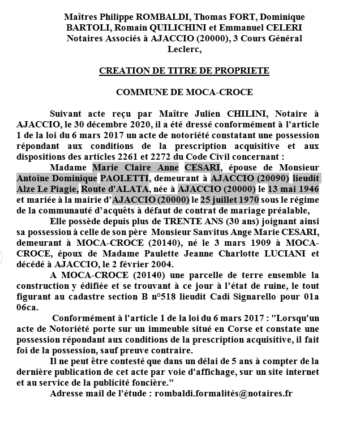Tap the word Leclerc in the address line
pos(184,49)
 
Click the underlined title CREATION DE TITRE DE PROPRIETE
pos(184,71)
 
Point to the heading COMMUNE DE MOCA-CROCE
pos(184,92)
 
